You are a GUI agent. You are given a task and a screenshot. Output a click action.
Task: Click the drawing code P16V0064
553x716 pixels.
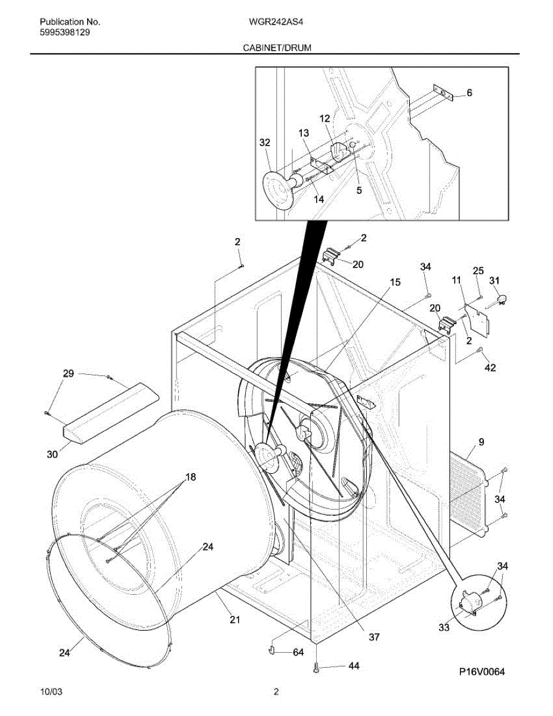coord(482,672)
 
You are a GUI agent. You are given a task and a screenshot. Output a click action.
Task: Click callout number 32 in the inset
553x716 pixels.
coord(265,143)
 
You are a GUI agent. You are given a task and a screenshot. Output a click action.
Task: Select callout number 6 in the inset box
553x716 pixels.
coord(469,92)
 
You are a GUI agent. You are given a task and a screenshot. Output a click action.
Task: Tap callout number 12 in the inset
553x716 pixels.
coord(325,119)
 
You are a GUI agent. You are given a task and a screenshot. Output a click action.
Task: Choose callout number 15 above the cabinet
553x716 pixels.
coord(395,282)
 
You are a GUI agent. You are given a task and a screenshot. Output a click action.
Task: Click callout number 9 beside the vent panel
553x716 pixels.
coord(481,442)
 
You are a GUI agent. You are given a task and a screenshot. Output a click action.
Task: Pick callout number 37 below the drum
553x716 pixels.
coord(373,637)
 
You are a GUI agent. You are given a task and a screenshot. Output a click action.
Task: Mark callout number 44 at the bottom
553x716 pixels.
coord(354,666)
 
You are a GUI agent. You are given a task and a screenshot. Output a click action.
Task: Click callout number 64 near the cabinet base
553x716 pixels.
coord(298,653)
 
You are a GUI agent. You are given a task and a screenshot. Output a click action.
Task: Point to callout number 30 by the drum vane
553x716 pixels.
coord(52,454)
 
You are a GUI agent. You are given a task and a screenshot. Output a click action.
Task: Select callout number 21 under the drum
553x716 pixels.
coord(234,620)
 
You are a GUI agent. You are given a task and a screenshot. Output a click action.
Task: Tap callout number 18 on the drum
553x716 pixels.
coord(190,477)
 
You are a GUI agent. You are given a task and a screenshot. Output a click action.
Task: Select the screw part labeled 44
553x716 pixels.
coord(316,669)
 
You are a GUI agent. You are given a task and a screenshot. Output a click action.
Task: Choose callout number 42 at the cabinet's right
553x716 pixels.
coord(490,368)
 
